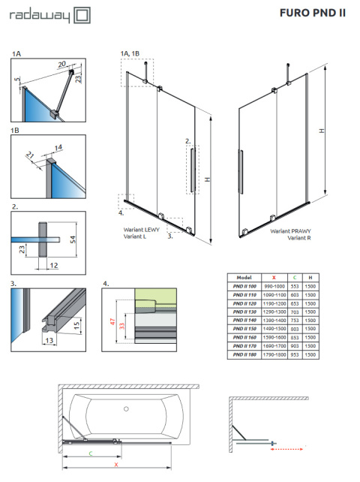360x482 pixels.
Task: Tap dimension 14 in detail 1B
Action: coord(59,148)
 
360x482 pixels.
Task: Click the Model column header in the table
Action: coord(244,277)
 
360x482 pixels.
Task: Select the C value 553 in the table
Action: coord(293,286)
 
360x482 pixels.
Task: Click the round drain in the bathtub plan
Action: coord(124,409)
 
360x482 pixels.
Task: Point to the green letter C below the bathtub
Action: coord(91,453)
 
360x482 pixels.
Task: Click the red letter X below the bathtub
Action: coord(116,465)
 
